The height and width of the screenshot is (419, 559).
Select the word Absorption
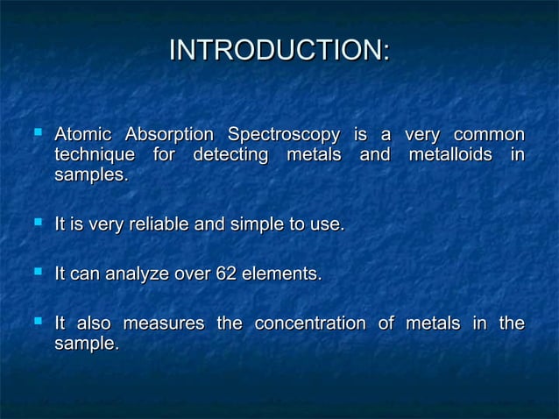tap(169, 136)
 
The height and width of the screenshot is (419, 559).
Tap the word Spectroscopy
tap(283, 136)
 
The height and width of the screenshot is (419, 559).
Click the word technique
tap(93, 156)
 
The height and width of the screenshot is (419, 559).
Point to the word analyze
tap(137, 275)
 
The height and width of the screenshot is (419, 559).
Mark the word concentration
tap(309, 324)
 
